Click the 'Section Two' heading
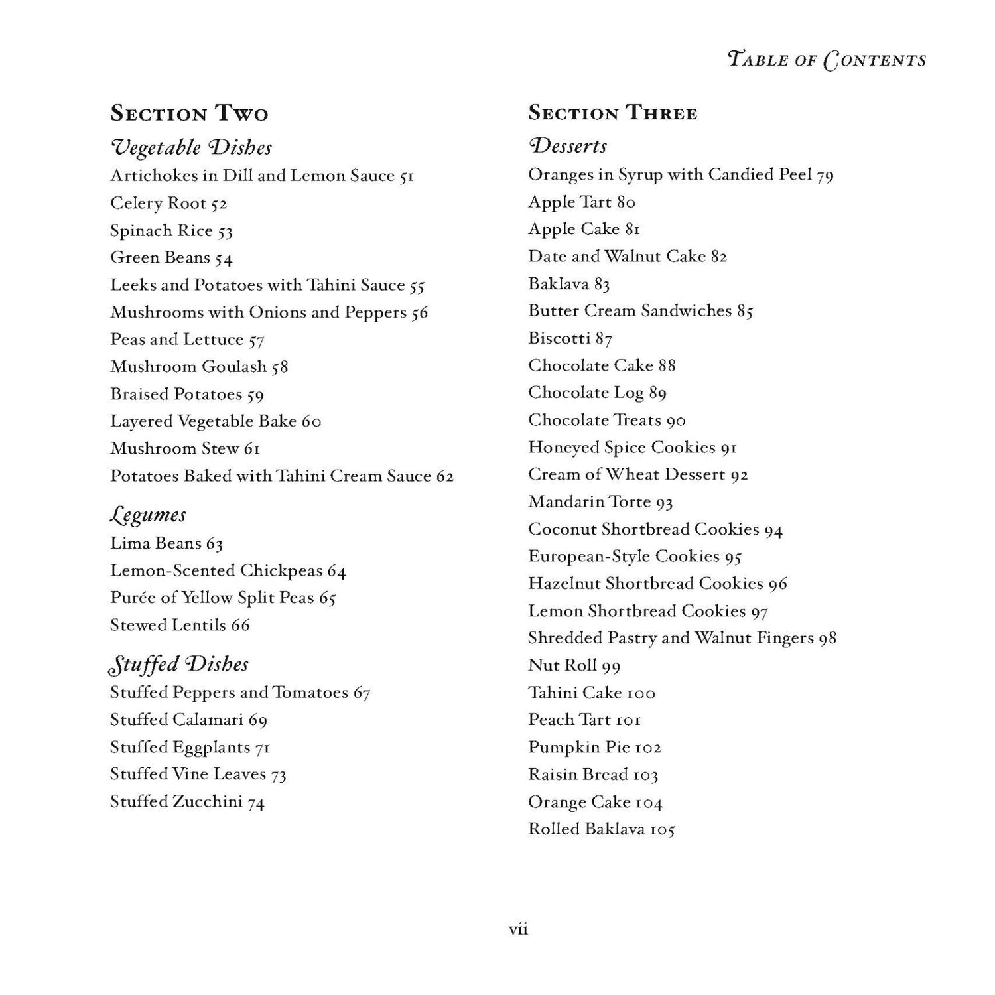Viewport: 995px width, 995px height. (189, 113)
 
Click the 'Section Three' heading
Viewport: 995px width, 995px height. (612, 113)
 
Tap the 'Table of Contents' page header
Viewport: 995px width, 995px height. (827, 60)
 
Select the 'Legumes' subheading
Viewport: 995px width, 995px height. (148, 515)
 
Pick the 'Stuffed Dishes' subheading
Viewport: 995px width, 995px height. (179, 664)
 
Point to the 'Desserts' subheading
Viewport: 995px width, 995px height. (567, 145)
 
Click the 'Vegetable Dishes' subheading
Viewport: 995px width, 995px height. (191, 147)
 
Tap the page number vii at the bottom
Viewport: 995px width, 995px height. (518, 929)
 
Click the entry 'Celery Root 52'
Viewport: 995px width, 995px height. (168, 204)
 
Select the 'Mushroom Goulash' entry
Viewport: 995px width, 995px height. (199, 367)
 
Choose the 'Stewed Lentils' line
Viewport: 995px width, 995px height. (180, 625)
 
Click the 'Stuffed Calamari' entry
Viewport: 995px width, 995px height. (188, 720)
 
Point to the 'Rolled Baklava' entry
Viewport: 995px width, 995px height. (601, 829)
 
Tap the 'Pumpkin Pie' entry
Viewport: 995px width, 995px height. (594, 748)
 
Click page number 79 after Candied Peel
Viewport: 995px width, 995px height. (825, 175)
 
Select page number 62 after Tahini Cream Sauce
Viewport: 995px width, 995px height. (444, 476)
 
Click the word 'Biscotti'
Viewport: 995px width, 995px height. (559, 338)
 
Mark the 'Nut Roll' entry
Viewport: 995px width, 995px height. (574, 665)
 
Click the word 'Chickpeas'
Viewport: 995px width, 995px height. (281, 571)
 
